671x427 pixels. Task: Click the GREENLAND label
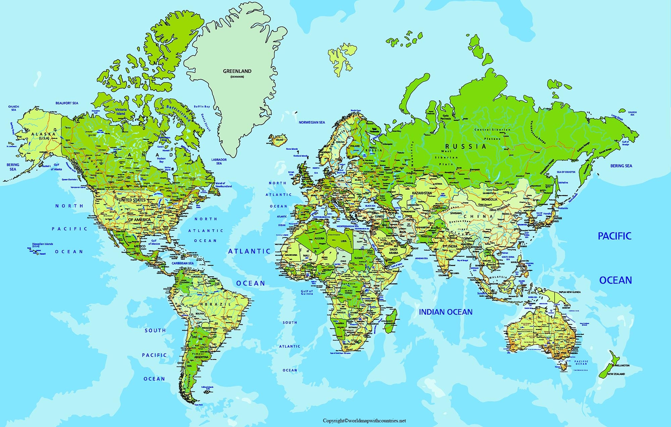click(x=237, y=71)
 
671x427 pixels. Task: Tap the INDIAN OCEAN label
click(x=446, y=312)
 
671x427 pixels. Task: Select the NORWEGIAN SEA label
click(x=312, y=123)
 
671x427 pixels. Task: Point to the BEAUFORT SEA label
click(x=67, y=103)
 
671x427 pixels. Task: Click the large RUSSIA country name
click(x=465, y=146)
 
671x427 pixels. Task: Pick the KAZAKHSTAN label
click(x=422, y=193)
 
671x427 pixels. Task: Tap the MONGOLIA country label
click(x=489, y=199)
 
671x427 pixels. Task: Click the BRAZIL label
click(x=218, y=304)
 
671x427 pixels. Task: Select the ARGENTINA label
click(x=201, y=357)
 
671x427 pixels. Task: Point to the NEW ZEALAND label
click(x=616, y=374)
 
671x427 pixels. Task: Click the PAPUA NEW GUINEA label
click(x=570, y=292)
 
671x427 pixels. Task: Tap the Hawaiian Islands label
click(x=43, y=244)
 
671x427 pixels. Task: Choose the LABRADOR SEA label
click(x=219, y=161)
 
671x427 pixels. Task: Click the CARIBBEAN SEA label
click(x=183, y=263)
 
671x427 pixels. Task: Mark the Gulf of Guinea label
click(x=307, y=292)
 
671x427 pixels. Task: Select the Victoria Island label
click(x=121, y=111)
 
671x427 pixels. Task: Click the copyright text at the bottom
click(x=364, y=421)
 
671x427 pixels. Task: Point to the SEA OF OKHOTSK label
click(x=566, y=172)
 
